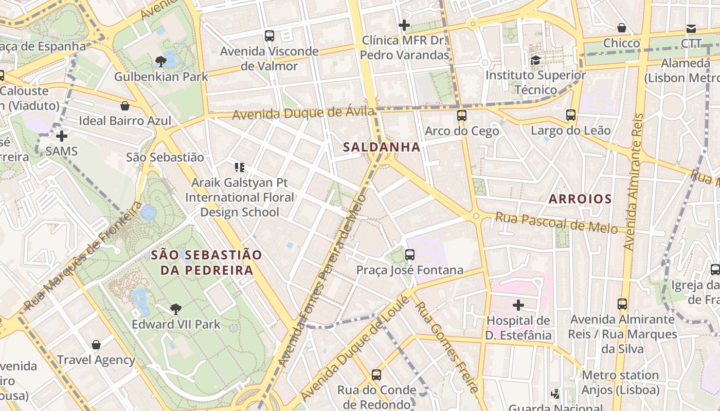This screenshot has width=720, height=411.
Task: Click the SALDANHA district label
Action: click(382, 147)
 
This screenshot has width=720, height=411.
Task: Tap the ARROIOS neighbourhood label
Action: click(580, 199)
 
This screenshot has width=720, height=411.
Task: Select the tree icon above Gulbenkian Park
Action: click(160, 62)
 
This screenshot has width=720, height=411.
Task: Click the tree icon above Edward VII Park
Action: click(176, 309)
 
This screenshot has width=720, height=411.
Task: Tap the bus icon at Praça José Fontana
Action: click(410, 254)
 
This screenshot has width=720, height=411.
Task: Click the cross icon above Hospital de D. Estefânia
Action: click(518, 305)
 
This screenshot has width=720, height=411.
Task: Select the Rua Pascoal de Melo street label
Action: click(556, 223)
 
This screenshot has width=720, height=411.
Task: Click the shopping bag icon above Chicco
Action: click(622, 28)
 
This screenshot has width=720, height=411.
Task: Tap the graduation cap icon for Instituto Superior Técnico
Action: click(536, 60)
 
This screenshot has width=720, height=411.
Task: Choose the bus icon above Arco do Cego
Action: click(462, 116)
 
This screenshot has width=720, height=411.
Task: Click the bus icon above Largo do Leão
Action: click(571, 115)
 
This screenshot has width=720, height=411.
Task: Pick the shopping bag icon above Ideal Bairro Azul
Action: click(124, 106)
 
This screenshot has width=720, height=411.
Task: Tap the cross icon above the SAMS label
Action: click(62, 136)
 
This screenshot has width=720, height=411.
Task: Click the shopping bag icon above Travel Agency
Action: click(96, 345)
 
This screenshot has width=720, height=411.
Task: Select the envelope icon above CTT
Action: click(691, 29)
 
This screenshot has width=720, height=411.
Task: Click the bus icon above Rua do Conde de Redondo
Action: click(376, 375)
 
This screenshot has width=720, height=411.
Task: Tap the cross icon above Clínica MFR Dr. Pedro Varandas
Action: click(404, 25)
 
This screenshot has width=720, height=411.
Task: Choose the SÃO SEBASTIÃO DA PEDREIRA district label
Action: click(206, 262)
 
